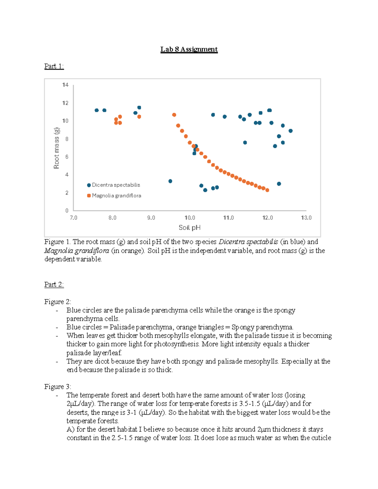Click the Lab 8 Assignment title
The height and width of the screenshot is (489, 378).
[x=189, y=49]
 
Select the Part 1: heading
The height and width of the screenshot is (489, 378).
[x=54, y=66]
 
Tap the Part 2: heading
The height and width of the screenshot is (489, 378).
[x=54, y=284]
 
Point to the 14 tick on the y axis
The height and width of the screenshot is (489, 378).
[x=65, y=85]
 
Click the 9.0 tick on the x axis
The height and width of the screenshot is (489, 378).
[x=151, y=218]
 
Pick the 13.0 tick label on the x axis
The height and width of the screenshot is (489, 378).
[x=306, y=218]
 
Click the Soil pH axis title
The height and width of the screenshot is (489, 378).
[x=189, y=227]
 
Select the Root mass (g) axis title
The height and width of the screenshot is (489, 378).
[x=56, y=148]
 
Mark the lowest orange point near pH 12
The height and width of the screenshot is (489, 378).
[x=267, y=190]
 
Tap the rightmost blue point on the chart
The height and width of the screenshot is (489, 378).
[x=290, y=131]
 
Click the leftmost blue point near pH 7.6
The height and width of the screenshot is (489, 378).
[x=97, y=110]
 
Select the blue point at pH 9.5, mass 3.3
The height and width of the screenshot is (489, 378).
[x=170, y=181]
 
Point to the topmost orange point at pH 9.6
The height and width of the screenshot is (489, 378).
[x=174, y=115]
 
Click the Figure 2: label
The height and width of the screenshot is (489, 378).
[x=58, y=302]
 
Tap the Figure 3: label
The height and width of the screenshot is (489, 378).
[x=58, y=386]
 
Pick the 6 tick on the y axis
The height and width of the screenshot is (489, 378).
[x=67, y=157]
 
